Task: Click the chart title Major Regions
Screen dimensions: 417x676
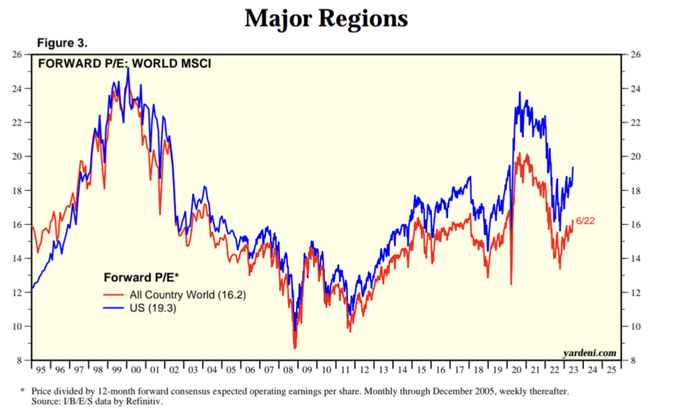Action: coord(326,18)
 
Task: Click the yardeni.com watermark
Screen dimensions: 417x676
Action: coord(589,353)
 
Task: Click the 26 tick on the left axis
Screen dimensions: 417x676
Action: coord(19,54)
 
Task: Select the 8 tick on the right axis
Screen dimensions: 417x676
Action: coord(632,361)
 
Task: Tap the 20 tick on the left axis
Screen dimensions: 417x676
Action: coord(19,156)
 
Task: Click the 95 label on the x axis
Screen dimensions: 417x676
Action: coord(41,370)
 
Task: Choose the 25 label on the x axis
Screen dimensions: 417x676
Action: coord(612,370)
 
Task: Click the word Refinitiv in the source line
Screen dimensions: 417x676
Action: coord(145,400)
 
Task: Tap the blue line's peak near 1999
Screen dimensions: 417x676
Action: coord(128,68)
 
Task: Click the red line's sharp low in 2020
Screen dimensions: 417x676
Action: coord(511,284)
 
